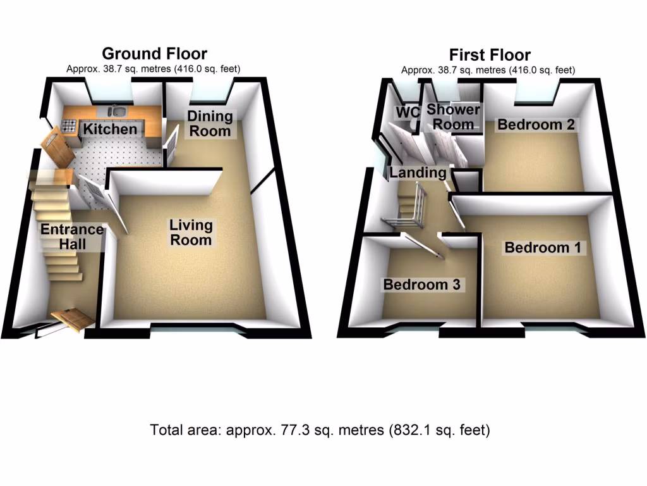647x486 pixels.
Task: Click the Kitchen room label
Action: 111,130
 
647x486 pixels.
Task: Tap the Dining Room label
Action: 210,123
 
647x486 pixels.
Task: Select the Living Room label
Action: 191,232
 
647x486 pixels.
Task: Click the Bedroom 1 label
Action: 542,247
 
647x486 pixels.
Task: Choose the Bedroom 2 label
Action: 536,125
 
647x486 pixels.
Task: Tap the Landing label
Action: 418,172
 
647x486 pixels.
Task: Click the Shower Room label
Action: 453,117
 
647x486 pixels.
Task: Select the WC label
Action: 408,113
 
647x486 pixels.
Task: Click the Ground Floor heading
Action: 154,54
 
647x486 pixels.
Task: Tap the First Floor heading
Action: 489,54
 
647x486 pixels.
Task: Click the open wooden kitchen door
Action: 57,149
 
